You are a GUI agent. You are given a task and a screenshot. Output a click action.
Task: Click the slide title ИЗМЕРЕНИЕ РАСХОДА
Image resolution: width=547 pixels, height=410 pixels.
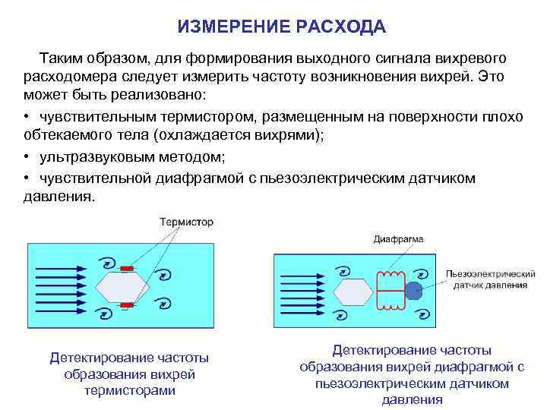(x=282, y=27)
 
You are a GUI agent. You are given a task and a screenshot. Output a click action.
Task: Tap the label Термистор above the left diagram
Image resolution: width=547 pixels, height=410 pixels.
(x=186, y=222)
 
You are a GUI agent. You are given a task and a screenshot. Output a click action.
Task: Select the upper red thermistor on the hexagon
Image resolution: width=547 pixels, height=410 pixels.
(x=127, y=268)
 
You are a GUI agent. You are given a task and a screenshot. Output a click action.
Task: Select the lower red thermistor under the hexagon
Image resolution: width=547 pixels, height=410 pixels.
(x=127, y=305)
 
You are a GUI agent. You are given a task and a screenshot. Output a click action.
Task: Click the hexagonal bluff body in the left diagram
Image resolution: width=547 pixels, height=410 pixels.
(x=126, y=287)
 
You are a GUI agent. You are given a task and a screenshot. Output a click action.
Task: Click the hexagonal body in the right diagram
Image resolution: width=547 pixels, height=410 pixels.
(x=353, y=290)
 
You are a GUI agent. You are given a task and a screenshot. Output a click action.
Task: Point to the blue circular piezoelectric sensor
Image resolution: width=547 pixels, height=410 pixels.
(x=413, y=290)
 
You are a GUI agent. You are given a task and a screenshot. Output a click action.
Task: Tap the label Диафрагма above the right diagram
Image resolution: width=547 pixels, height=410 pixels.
(x=399, y=239)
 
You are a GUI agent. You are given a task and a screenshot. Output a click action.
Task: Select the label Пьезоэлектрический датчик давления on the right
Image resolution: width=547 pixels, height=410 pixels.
(x=490, y=279)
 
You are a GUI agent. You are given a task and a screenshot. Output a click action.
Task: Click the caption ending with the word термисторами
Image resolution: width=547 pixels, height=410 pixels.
(x=129, y=374)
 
